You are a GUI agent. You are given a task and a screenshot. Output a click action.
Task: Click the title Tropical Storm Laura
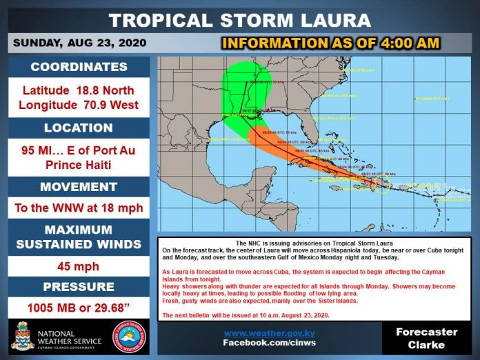240,19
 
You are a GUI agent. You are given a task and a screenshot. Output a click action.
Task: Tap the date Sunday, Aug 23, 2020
80,43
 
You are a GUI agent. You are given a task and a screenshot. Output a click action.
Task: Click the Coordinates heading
79,68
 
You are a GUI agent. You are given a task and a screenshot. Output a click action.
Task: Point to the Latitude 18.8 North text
79,91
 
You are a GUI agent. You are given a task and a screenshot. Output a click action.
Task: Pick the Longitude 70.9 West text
79,106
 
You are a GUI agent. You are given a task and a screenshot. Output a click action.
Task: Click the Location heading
79,128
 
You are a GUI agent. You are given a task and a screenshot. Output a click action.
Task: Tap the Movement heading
79,187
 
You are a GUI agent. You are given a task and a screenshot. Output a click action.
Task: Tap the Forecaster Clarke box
426,338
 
